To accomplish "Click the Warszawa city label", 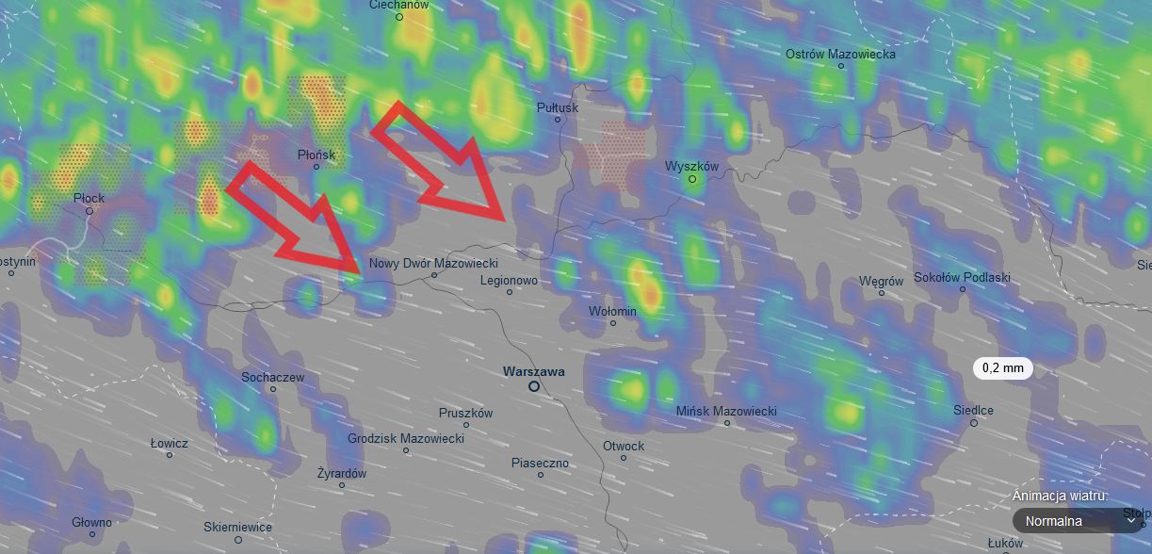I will coord(533,371).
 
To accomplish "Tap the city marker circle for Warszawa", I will coord(534,386).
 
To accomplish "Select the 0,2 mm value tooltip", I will coord(1002,368).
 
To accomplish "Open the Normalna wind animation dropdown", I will coord(1079,521).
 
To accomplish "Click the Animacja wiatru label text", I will coord(1060,496).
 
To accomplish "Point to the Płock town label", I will coord(89,198).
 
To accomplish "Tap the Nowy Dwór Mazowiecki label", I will coord(433,263).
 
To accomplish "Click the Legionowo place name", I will coord(509,280).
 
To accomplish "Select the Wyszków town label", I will coord(691,166).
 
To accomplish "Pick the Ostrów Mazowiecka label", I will coord(840,54).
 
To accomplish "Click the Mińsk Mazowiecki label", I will coord(726,412).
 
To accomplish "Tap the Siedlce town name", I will coord(973,410).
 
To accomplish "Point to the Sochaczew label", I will coord(272,377).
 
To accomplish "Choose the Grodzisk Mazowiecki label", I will coord(406,439).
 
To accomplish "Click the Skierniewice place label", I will coord(237,527).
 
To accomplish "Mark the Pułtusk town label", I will coord(557,107).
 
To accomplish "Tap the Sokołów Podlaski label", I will coord(962,278).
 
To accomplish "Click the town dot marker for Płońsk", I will coord(316,167).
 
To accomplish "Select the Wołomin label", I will coord(612,311).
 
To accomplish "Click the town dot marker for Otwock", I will coord(624,458).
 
